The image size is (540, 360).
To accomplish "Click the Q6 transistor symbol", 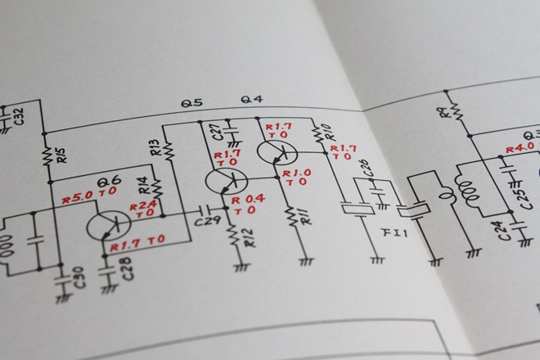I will pos(109,224).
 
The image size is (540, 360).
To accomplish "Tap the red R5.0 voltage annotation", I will pos(78,197).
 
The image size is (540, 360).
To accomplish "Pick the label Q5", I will pos(192,103).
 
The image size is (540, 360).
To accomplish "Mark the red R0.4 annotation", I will pos(249,199).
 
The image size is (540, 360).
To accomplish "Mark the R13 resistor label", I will pos(155,149).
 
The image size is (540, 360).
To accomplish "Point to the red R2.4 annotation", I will pos(142,205).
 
